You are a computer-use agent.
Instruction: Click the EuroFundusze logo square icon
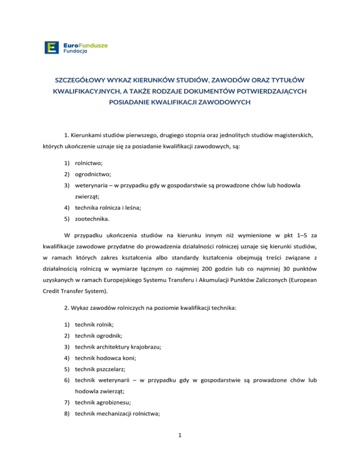click(51, 47)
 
